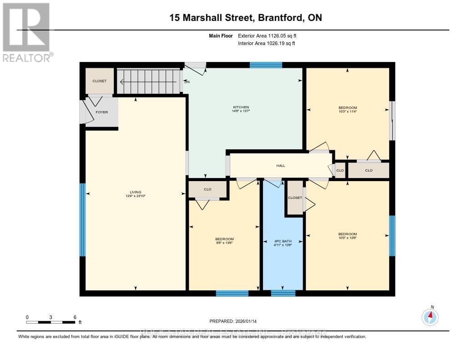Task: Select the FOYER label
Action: point(102,112)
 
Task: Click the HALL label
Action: point(281,166)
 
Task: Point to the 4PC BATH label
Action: point(283,241)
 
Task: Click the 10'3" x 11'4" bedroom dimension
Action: point(348,112)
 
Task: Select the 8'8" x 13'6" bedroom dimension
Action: point(224,243)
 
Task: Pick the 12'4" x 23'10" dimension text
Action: point(136,196)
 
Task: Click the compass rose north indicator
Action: point(430,315)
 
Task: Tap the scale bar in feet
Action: point(51,322)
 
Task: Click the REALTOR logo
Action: point(27,32)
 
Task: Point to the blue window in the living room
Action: point(83,219)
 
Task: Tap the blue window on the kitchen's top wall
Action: point(266,65)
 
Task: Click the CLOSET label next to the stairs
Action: point(99,81)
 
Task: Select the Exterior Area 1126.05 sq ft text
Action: point(266,35)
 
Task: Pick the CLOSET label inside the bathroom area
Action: point(295,198)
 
